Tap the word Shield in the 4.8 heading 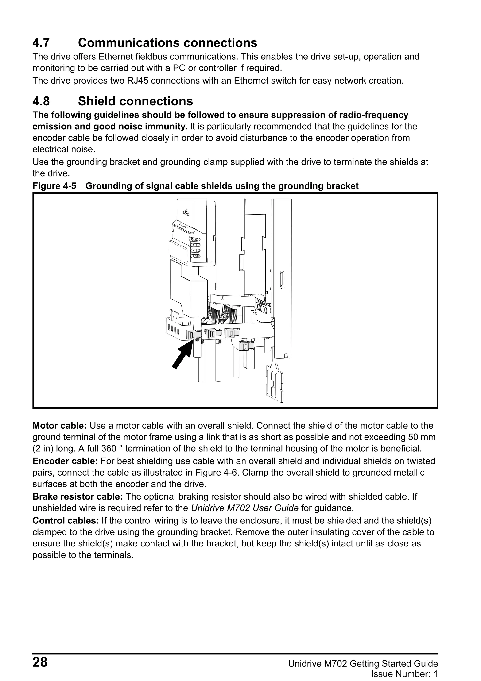(97, 101)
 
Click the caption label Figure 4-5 (54, 186)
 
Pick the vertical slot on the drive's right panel (282, 279)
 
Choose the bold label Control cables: (65, 520)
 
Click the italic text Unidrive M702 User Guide (244, 508)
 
